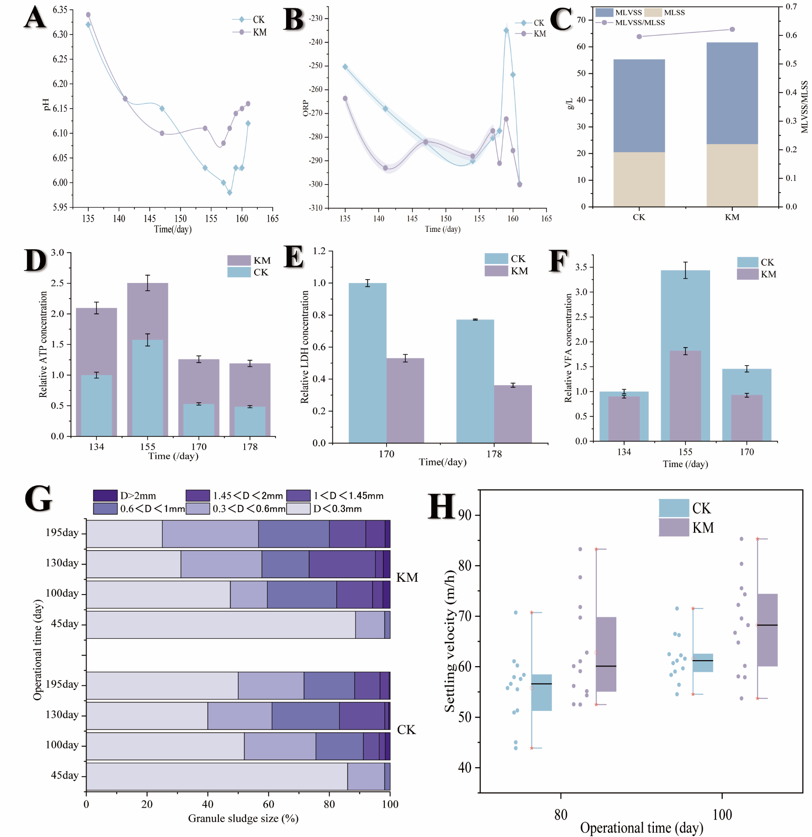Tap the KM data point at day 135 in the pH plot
88,15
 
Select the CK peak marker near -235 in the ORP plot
506,30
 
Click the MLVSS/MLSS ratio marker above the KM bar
732,29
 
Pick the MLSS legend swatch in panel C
653,13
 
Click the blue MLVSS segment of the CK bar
639,106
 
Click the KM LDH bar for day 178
513,414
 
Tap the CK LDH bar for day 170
367,363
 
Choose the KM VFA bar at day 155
685,395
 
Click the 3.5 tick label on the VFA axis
581,267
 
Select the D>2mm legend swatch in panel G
105,495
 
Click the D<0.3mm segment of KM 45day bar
221,624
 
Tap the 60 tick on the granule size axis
268,805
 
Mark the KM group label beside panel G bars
407,577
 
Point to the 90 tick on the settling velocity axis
465,515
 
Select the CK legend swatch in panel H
673,508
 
